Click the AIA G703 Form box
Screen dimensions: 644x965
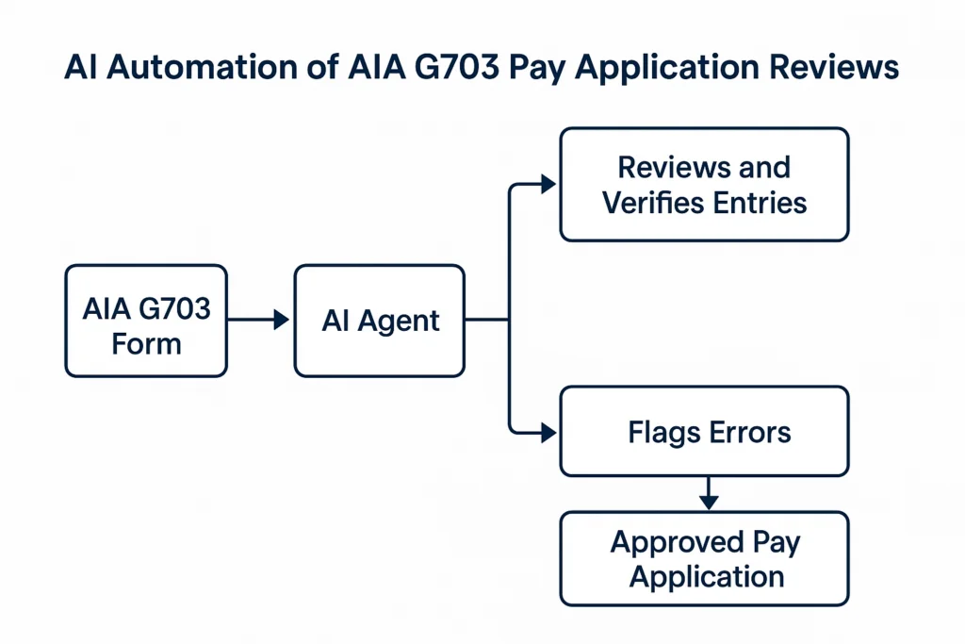pyautogui.click(x=145, y=321)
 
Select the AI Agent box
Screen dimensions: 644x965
pyautogui.click(x=380, y=321)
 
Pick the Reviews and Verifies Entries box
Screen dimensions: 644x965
pyautogui.click(x=704, y=185)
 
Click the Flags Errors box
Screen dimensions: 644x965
pyautogui.click(x=704, y=432)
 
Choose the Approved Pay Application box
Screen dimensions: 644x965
pyautogui.click(x=704, y=558)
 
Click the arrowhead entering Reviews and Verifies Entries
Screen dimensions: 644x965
pyautogui.click(x=549, y=185)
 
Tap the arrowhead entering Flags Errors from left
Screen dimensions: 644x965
pyautogui.click(x=549, y=433)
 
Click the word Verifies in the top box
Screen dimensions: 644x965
pyautogui.click(x=657, y=202)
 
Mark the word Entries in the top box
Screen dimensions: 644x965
pyautogui.click(x=761, y=202)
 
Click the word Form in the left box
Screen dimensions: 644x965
pyautogui.click(x=145, y=342)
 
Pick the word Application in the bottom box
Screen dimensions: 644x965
pyautogui.click(x=706, y=576)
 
